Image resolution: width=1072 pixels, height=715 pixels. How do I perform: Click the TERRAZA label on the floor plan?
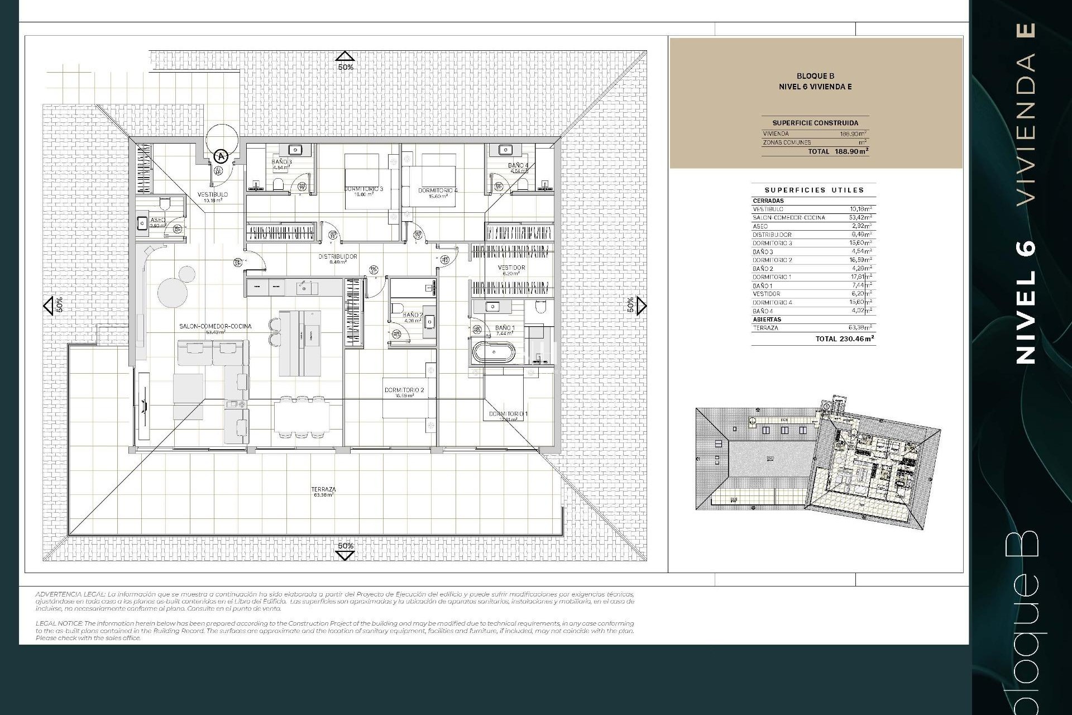(324, 489)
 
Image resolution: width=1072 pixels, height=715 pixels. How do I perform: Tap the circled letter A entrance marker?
(221, 156)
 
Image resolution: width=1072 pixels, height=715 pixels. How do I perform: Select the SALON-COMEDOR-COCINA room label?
(215, 326)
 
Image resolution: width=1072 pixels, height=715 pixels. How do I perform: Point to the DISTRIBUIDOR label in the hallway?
(337, 256)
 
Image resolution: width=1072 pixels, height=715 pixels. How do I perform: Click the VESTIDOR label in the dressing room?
(511, 268)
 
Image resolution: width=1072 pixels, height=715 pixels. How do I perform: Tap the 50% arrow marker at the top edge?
(345, 57)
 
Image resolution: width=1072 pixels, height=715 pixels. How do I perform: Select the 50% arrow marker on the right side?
(642, 306)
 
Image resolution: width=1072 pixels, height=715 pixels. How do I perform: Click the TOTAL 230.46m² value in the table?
(844, 339)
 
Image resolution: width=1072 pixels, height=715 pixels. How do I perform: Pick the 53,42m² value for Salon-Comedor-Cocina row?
(860, 217)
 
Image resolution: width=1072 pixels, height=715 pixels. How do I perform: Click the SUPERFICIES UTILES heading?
(814, 190)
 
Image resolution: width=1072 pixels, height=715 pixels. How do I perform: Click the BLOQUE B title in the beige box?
(815, 76)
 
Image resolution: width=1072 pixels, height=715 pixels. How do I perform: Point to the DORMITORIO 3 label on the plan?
(363, 189)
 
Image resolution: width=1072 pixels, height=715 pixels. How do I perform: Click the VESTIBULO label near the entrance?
(213, 194)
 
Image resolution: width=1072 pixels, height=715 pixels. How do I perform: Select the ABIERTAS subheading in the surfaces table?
(767, 320)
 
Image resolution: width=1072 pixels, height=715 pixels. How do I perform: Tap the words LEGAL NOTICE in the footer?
(58, 623)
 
